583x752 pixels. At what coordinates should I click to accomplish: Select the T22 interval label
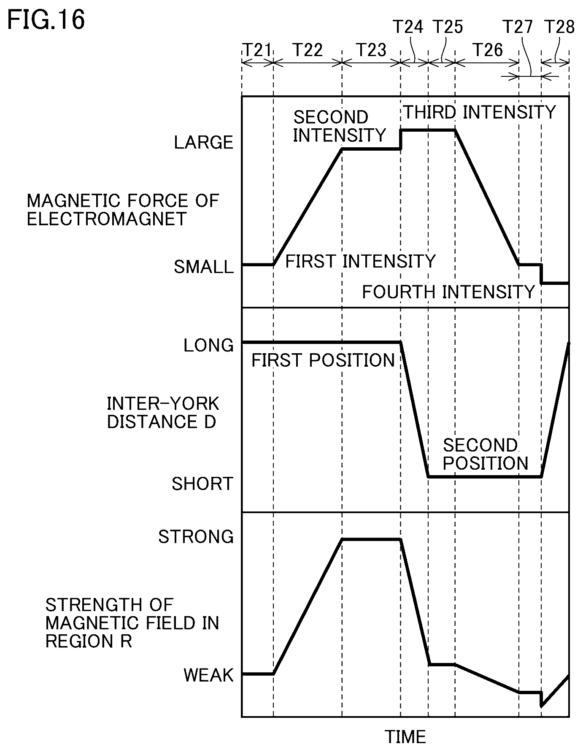308,50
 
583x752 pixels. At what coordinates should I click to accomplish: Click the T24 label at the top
408,27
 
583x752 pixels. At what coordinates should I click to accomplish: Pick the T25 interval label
448,27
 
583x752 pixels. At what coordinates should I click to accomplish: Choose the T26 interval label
488,50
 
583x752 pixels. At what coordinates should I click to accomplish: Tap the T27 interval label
518,27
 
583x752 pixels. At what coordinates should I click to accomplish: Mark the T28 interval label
559,27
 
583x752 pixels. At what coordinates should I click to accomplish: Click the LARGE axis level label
204,143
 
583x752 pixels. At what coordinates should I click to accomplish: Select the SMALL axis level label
204,267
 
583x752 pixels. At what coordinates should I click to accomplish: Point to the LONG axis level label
208,345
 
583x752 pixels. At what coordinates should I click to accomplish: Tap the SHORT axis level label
202,484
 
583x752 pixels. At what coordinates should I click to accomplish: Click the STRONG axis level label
196,537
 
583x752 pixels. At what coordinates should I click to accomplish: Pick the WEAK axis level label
208,675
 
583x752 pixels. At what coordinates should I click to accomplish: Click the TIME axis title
405,737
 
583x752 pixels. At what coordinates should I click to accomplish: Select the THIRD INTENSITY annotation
480,112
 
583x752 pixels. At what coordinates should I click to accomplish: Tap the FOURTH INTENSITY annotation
448,292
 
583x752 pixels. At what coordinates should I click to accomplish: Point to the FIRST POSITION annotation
323,360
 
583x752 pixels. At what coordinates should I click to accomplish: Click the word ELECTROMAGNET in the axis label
107,219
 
